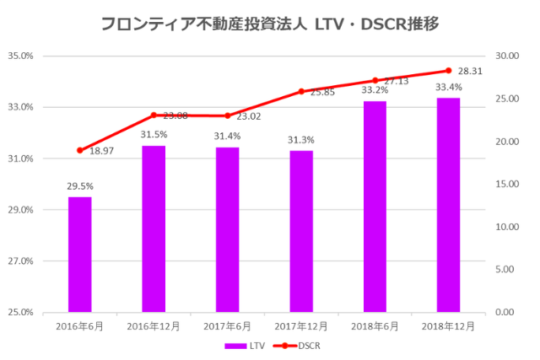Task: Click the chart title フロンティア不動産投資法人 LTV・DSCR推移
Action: click(269, 23)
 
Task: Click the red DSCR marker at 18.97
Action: click(80, 150)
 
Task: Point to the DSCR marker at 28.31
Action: click(448, 71)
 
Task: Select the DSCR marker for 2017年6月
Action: click(227, 116)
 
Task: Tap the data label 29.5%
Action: click(80, 186)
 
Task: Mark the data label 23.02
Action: click(249, 116)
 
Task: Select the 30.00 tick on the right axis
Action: click(507, 56)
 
